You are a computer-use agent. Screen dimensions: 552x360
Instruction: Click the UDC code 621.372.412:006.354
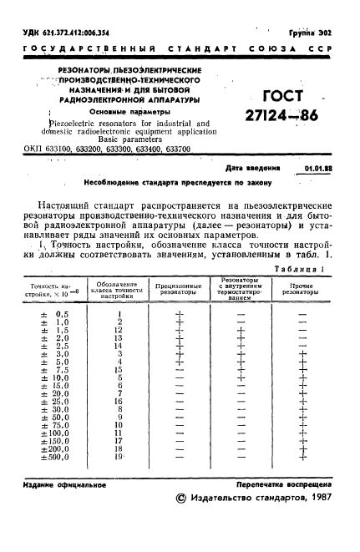pos(61,33)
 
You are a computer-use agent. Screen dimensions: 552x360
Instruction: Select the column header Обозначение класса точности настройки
pos(119,290)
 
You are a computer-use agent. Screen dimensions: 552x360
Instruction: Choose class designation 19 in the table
pos(119,458)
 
